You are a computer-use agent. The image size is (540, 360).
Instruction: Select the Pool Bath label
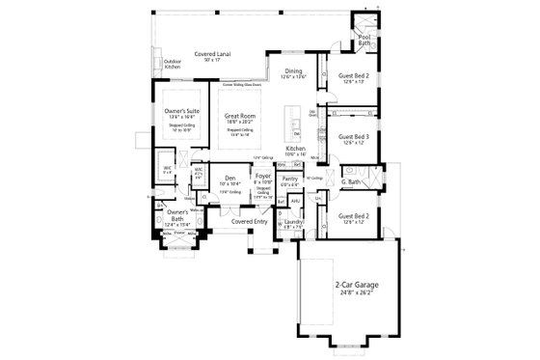(364, 41)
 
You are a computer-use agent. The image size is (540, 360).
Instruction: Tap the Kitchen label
(295, 148)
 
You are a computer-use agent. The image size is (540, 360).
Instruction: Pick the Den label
(229, 178)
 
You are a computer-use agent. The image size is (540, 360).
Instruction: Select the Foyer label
(262, 177)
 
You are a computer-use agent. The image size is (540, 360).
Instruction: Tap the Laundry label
(294, 222)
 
